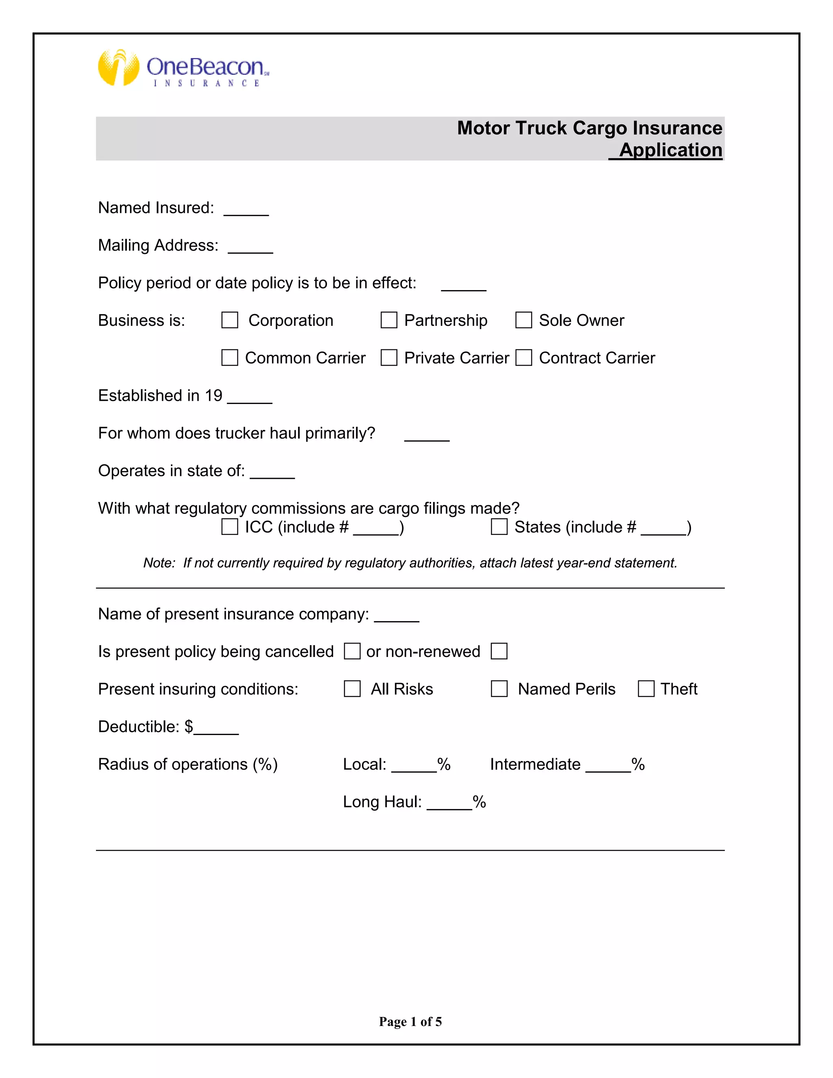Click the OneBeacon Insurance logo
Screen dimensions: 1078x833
pos(183,68)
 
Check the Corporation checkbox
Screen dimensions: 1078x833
pos(229,320)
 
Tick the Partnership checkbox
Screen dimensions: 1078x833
pos(389,320)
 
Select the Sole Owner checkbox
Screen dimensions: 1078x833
pos(523,320)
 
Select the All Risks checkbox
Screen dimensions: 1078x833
pos(352,689)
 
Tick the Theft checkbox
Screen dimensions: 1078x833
pos(646,689)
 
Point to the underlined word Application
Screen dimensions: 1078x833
pos(670,150)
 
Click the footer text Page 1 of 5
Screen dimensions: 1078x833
pos(410,1021)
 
